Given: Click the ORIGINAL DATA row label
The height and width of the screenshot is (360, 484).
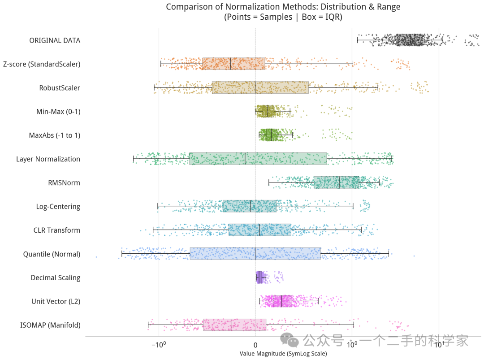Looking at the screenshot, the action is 55,40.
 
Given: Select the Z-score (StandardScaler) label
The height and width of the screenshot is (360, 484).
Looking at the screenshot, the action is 42,64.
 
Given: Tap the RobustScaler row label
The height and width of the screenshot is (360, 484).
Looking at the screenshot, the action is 60,88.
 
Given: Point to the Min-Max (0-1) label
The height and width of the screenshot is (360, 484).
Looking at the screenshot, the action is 58,112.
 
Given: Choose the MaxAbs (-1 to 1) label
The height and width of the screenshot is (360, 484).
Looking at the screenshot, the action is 55,135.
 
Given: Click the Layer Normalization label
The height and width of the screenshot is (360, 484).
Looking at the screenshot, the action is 48,159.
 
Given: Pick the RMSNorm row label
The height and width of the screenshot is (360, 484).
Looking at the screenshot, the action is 64,183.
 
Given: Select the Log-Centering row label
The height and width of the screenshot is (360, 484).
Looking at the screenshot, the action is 58,207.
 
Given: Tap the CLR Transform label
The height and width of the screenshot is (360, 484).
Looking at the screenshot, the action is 57,230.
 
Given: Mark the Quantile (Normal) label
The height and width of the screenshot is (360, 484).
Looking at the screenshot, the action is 52,254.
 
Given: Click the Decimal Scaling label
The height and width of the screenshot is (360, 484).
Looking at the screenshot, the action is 56,278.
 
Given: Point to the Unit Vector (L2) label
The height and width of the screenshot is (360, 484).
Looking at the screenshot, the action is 56,301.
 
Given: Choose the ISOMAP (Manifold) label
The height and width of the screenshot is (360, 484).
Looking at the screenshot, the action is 50,325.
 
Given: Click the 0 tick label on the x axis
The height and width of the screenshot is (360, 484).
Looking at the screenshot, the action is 255,345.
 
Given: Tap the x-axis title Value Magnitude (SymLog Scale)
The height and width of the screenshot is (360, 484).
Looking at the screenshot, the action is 283,354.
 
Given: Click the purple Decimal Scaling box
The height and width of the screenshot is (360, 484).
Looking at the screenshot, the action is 259,278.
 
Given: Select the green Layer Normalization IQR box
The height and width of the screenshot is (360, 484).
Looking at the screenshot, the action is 258,159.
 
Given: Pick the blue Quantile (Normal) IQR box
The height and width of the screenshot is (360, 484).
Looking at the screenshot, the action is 255,253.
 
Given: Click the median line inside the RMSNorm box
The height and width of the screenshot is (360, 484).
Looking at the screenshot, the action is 339,182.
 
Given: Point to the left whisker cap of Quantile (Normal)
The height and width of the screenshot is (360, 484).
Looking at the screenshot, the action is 122,254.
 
